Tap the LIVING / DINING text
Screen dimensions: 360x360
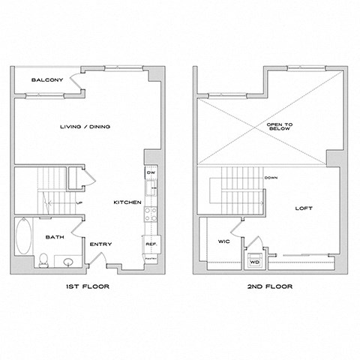85,127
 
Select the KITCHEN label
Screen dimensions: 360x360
127,203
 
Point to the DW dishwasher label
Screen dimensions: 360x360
150,173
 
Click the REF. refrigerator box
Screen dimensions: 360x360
149,243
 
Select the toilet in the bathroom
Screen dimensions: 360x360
44,259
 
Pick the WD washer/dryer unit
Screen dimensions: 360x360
254,261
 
